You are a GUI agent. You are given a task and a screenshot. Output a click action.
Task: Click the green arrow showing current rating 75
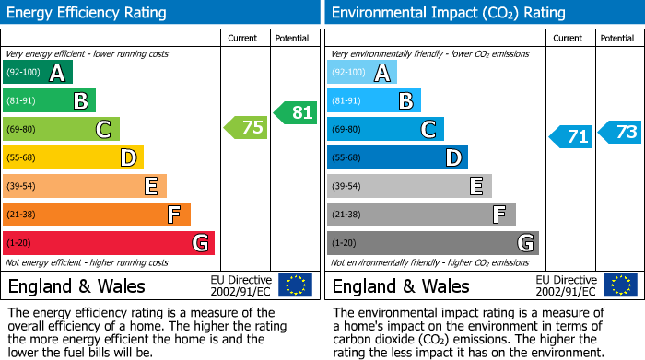[x=246, y=128]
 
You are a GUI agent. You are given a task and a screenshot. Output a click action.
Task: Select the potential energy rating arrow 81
[x=295, y=112]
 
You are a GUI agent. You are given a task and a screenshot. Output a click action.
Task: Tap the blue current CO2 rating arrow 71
[x=571, y=137]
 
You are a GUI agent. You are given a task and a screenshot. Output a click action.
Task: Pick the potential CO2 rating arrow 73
[x=620, y=132]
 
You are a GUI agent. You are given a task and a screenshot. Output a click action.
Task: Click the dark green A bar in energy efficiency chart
[x=38, y=73]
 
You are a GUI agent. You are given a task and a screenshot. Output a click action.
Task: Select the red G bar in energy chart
[x=109, y=243]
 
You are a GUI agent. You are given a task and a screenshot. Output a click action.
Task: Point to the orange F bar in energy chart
[x=97, y=215]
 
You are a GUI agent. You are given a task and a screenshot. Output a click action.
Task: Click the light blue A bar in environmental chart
[x=362, y=73]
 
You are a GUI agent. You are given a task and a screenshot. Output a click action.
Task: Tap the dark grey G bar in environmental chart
[x=433, y=243]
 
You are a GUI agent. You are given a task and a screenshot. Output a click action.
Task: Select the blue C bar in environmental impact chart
[x=385, y=129]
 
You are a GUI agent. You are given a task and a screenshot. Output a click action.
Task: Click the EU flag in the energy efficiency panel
[x=295, y=285]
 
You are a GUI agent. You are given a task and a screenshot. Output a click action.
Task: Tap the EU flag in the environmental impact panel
[x=621, y=285]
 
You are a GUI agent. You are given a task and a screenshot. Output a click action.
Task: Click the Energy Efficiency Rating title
[x=88, y=13]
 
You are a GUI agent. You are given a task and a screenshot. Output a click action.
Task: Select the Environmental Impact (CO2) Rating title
[x=435, y=13]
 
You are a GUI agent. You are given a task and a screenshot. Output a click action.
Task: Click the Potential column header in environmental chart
[x=616, y=38]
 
